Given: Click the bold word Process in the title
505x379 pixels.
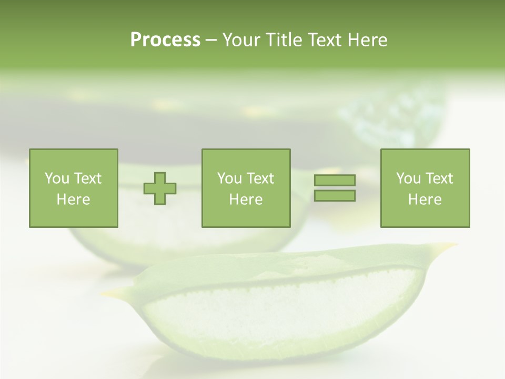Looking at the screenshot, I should click(x=165, y=40).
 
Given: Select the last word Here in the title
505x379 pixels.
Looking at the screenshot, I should click(x=368, y=40).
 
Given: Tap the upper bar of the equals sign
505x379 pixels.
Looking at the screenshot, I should click(x=335, y=181).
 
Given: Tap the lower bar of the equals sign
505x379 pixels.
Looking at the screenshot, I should click(x=335, y=196).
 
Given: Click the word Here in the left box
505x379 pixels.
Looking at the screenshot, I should click(x=73, y=200).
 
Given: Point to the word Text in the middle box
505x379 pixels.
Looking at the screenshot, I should click(x=260, y=178).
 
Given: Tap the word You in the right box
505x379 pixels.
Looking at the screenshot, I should click(x=408, y=178).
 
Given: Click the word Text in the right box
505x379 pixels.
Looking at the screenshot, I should click(x=439, y=178).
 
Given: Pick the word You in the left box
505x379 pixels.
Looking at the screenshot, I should click(x=57, y=178).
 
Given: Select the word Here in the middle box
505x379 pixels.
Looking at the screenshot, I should click(x=246, y=200).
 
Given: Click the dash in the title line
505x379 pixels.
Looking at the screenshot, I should click(x=211, y=40).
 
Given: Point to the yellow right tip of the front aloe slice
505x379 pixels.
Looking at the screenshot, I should click(x=450, y=245).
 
